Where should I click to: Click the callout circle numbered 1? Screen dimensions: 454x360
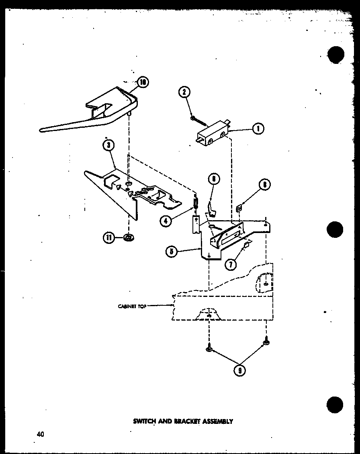click(x=258, y=129)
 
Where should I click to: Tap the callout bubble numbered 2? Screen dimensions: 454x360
click(x=184, y=92)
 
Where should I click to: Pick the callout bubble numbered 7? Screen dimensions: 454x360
click(x=231, y=264)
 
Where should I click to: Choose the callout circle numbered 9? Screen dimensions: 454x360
click(x=240, y=370)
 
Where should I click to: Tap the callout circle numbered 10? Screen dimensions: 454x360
click(x=143, y=82)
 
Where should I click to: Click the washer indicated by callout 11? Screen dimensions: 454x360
click(x=129, y=238)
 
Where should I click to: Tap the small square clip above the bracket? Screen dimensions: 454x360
click(x=239, y=208)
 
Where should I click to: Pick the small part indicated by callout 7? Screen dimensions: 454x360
click(x=246, y=244)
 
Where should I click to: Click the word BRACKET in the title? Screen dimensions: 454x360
click(x=186, y=421)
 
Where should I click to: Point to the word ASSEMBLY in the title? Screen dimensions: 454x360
click(x=219, y=421)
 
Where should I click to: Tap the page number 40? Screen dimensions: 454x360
click(x=40, y=434)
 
